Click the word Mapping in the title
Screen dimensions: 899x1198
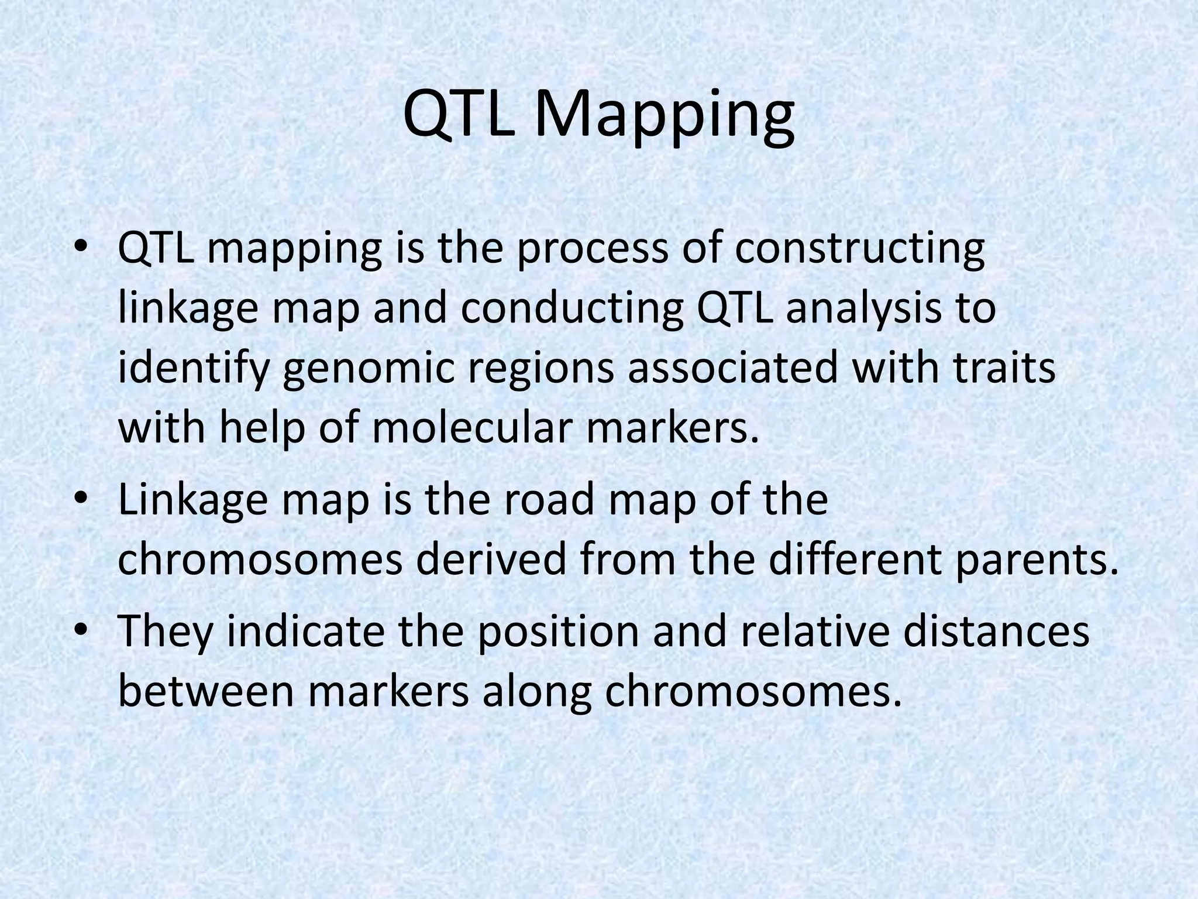click(x=664, y=117)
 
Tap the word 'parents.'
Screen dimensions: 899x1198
click(x=1032, y=561)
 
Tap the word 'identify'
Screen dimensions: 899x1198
click(x=194, y=370)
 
